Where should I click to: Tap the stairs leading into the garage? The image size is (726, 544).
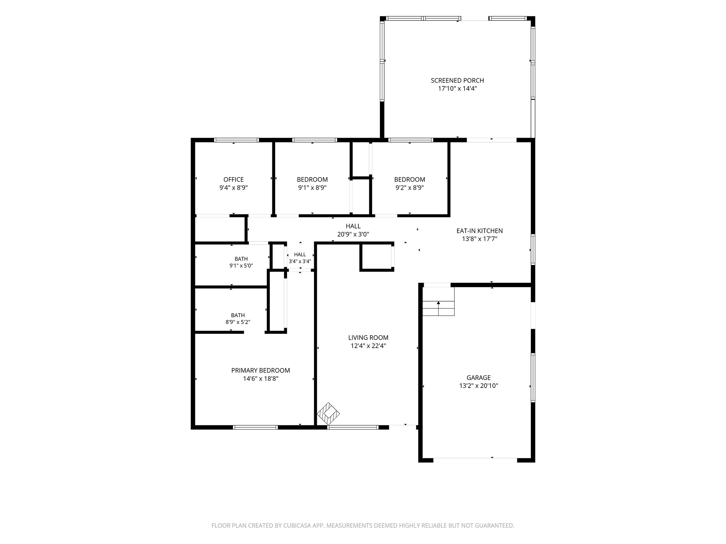click(x=438, y=301)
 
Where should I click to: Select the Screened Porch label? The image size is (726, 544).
click(x=457, y=81)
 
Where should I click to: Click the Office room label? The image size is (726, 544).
click(x=233, y=180)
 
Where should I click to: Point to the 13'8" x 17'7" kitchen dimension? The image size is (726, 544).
click(x=480, y=239)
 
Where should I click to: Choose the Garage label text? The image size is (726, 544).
click(x=479, y=378)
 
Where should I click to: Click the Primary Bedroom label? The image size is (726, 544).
click(x=261, y=371)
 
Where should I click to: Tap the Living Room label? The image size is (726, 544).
click(x=368, y=338)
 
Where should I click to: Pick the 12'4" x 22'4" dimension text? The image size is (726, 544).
click(x=368, y=346)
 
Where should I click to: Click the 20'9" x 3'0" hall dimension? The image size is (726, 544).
click(x=353, y=234)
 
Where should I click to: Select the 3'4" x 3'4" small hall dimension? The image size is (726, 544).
click(x=300, y=261)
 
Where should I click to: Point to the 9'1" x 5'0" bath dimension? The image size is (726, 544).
click(x=241, y=266)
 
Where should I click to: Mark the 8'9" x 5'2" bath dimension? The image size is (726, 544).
click(x=238, y=322)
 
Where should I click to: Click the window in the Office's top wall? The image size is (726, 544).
click(x=237, y=140)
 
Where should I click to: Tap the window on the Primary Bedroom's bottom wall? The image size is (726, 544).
click(x=255, y=427)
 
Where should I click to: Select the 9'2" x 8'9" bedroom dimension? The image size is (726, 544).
click(x=409, y=188)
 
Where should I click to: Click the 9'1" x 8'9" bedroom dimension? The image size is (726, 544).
click(x=312, y=188)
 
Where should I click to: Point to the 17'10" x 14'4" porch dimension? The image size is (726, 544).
click(x=457, y=89)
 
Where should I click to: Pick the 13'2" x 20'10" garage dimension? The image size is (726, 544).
click(x=479, y=386)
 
